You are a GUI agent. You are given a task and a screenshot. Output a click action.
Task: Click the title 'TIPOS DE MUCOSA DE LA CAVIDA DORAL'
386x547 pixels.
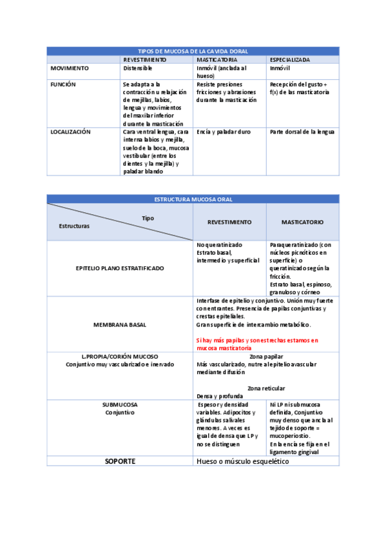(x=193, y=51)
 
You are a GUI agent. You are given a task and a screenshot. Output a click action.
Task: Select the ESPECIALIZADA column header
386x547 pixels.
(x=290, y=59)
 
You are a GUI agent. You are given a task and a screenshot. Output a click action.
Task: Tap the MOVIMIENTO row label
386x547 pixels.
(x=70, y=68)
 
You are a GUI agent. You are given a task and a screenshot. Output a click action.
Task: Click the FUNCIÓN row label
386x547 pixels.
(x=64, y=85)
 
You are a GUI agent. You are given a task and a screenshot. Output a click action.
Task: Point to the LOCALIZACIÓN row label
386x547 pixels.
(x=70, y=132)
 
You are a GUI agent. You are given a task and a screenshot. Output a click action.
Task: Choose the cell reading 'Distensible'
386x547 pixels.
(x=137, y=68)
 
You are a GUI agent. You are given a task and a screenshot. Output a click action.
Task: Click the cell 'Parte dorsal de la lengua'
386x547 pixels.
(x=302, y=132)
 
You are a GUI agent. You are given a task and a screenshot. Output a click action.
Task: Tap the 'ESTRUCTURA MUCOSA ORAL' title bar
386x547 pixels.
(x=193, y=199)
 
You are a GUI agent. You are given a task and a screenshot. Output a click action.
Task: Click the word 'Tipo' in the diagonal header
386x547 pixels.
(x=148, y=218)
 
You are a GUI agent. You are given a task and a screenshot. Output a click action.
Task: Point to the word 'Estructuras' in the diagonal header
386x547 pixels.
(x=74, y=226)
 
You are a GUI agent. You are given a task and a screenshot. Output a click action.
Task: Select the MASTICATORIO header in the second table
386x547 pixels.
(x=302, y=222)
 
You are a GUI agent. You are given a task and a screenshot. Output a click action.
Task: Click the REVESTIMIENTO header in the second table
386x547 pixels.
(x=229, y=222)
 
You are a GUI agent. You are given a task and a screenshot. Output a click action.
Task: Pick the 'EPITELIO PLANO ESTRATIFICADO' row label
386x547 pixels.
(x=120, y=268)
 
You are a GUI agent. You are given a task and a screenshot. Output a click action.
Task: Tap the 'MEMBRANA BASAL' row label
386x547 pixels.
(x=120, y=324)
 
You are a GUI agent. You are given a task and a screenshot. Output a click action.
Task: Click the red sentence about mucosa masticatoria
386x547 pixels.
(x=257, y=344)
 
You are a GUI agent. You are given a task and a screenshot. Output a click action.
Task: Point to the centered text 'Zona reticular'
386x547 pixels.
(x=266, y=388)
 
